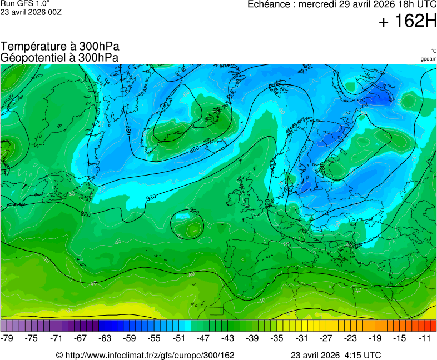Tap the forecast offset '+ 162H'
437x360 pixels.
tap(408, 22)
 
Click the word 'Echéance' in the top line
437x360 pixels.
tap(271, 4)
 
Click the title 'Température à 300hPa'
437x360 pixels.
tap(60, 47)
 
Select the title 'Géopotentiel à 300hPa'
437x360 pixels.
tap(59, 57)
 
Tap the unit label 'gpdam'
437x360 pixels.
tap(428, 59)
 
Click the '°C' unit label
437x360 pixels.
tap(433, 51)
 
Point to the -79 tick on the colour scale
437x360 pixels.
tap(8, 338)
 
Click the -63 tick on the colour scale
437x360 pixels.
tap(105, 338)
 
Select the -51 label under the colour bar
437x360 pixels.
tap(178, 338)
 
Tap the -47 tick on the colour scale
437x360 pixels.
tap(203, 338)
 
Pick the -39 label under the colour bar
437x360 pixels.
tap(252, 338)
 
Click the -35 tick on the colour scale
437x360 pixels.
tap(277, 338)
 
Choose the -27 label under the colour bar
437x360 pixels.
tap(326, 338)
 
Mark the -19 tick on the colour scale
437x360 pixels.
tap(375, 338)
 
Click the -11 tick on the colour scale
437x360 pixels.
tap(424, 338)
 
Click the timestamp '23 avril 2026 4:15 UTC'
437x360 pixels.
tap(336, 355)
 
